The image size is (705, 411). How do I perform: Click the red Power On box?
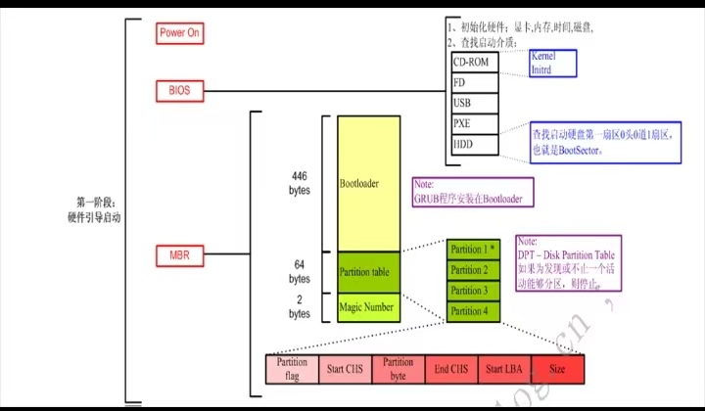pos(179,32)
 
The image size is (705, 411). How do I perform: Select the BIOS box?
pos(179,91)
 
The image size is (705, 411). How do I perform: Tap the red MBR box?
pos(179,257)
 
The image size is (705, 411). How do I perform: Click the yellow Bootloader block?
pos(368,183)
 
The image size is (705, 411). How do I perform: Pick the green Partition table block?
pos(368,271)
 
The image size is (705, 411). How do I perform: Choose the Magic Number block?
pos(368,306)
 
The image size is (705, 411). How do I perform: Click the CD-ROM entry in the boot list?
pos(474,62)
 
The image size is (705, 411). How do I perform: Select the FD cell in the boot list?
pos(474,82)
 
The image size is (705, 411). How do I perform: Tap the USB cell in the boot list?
pos(474,103)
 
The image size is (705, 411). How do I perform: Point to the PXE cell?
pos(474,123)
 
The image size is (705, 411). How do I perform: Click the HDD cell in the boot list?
pos(474,144)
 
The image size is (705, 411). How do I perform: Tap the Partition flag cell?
pos(292,368)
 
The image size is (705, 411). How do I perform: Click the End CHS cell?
pos(451,368)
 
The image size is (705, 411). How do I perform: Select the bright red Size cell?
pos(557,368)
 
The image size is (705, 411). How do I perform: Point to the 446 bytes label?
pos(299,183)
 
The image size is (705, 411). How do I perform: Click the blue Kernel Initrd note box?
pos(551,64)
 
